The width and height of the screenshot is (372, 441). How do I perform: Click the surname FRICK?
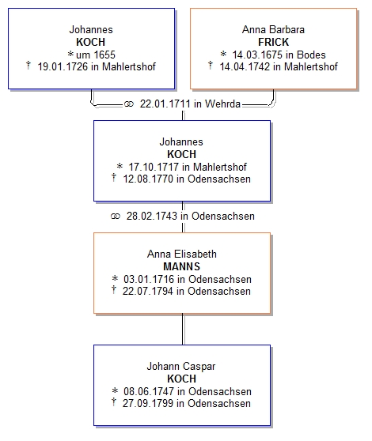[x=273, y=42]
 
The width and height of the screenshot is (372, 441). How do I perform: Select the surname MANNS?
[x=181, y=266]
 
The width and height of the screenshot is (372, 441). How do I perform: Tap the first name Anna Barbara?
[x=273, y=29]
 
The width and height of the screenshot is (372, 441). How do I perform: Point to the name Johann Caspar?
[x=181, y=367]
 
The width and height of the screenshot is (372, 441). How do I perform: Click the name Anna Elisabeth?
[x=182, y=254]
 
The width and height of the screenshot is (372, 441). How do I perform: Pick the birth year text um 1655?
[x=96, y=55]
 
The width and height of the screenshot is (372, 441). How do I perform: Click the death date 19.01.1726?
[x=63, y=66]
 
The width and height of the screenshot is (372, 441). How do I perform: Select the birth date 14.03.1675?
[x=257, y=55]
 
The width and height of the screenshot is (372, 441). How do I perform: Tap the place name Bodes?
[x=311, y=55]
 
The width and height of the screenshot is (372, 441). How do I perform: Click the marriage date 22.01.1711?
[x=165, y=104]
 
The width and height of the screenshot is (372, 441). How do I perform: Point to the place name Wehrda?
[x=222, y=104]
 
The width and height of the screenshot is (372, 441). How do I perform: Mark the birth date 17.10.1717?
[x=154, y=167]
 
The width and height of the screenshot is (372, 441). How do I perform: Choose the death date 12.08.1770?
[x=148, y=179]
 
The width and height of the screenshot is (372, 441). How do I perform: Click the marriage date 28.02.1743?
[x=152, y=216]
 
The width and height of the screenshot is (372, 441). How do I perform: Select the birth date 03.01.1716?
[x=149, y=279]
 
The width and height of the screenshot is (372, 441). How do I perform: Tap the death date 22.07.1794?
[x=148, y=291]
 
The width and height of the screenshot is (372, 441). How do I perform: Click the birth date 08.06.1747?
[x=149, y=391]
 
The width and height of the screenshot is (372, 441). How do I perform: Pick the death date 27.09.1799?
[x=148, y=403]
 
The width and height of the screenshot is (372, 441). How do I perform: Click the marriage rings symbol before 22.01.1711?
[x=129, y=104]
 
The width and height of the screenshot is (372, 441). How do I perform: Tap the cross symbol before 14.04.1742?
[x=210, y=66]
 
